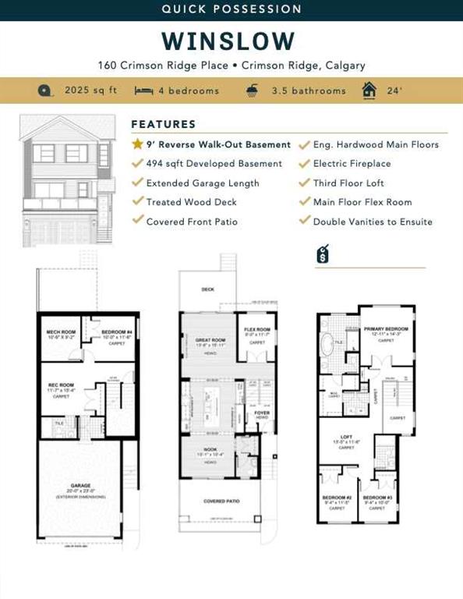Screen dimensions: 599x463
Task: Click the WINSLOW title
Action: click(229, 41)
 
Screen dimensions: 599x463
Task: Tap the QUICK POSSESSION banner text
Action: click(231, 9)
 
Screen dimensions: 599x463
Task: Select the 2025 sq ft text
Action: click(90, 90)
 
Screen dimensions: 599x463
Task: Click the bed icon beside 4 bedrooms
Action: click(143, 90)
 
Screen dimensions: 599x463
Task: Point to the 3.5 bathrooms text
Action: click(308, 90)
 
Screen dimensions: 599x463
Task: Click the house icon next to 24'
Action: click(369, 90)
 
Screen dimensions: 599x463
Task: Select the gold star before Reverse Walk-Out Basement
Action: click(137, 144)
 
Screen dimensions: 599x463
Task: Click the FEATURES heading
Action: click(164, 124)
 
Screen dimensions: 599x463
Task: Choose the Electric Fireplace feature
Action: click(352, 164)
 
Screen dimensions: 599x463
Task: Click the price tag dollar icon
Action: click(321, 255)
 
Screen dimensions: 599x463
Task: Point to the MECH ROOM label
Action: click(60, 331)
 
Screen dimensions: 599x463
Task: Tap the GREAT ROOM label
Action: click(210, 340)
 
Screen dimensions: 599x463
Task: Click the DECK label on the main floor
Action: click(207, 289)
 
